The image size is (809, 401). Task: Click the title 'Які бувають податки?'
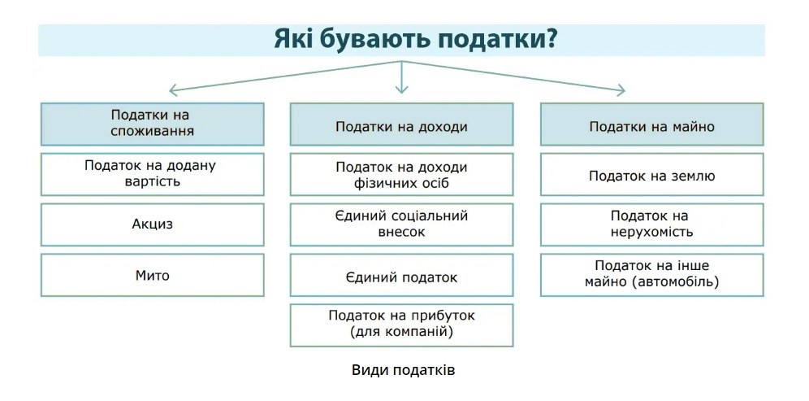pyautogui.click(x=415, y=40)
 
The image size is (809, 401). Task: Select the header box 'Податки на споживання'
pyautogui.click(x=153, y=124)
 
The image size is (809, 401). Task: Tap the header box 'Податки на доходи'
pyautogui.click(x=401, y=124)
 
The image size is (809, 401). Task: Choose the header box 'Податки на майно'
pyautogui.click(x=652, y=124)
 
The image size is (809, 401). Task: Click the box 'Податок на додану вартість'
pyautogui.click(x=153, y=174)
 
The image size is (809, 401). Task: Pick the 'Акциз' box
pyautogui.click(x=153, y=224)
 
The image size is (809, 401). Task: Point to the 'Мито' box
pyautogui.click(x=153, y=275)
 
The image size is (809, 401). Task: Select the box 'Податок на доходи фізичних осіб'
pyautogui.click(x=401, y=174)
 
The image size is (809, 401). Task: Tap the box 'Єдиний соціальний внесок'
pyautogui.click(x=401, y=224)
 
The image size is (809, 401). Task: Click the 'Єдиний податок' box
pyautogui.click(x=401, y=275)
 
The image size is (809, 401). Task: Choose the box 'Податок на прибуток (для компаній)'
pyautogui.click(x=401, y=325)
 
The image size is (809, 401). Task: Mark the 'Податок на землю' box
pyautogui.click(x=652, y=174)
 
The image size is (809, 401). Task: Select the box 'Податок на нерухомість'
pyautogui.click(x=652, y=224)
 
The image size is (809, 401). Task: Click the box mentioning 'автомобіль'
pyautogui.click(x=652, y=275)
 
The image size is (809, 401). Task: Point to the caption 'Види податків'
pyautogui.click(x=404, y=371)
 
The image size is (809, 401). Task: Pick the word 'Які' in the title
pyautogui.click(x=292, y=39)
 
